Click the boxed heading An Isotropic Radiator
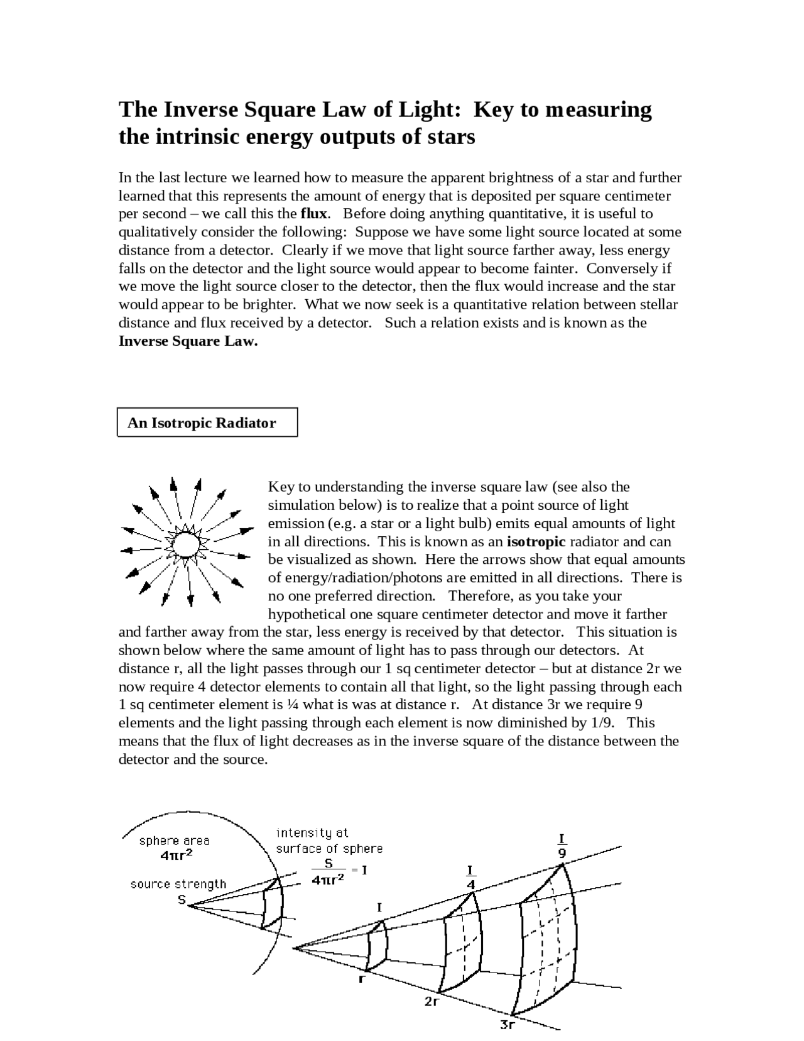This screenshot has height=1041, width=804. pyautogui.click(x=201, y=423)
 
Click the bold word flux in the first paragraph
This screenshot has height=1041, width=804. pyautogui.click(x=315, y=214)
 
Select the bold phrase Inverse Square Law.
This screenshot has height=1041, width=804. pyautogui.click(x=188, y=341)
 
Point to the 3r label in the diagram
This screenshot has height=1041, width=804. pyautogui.click(x=508, y=1025)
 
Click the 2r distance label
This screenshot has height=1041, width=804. pyautogui.click(x=431, y=1002)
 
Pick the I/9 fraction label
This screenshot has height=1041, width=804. pyautogui.click(x=562, y=846)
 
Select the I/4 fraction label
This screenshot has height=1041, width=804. pyautogui.click(x=470, y=878)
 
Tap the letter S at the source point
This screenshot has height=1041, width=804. pyautogui.click(x=182, y=900)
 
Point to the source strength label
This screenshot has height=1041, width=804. pyautogui.click(x=178, y=884)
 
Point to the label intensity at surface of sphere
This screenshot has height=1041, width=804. pyautogui.click(x=329, y=840)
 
